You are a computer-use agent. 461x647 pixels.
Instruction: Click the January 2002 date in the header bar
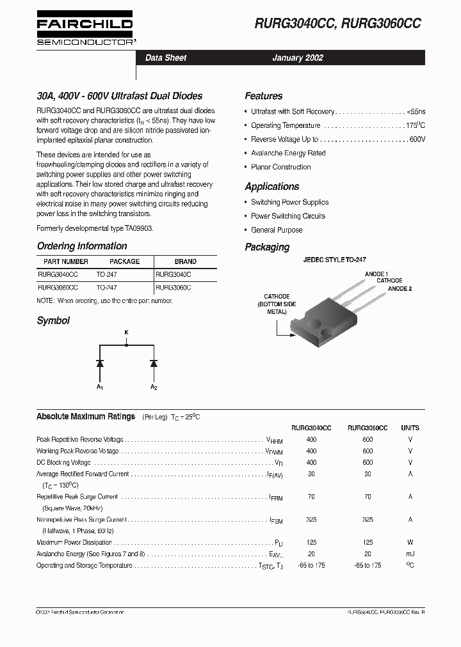pyautogui.click(x=298, y=58)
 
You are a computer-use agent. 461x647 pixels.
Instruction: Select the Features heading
pyautogui.click(x=263, y=96)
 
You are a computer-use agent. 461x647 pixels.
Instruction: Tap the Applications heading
pyautogui.click(x=271, y=187)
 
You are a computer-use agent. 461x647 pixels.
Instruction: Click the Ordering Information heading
pyautogui.click(x=82, y=246)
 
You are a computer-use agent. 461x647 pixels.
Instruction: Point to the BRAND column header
pyautogui.click(x=185, y=261)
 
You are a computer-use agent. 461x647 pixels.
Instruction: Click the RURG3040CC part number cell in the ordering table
pyautogui.click(x=58, y=274)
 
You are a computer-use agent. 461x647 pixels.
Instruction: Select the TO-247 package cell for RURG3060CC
pyautogui.click(x=106, y=288)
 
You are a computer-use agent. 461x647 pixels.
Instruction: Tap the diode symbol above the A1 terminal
pyautogui.click(x=99, y=363)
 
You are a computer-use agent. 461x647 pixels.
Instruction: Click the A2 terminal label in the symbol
pyautogui.click(x=154, y=387)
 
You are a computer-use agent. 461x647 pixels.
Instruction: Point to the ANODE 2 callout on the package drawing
pyautogui.click(x=400, y=289)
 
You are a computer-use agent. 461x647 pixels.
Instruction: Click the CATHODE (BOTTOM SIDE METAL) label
pyautogui.click(x=277, y=304)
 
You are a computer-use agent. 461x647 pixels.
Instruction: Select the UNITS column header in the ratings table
pyautogui.click(x=410, y=428)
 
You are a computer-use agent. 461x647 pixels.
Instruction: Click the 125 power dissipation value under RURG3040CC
pyautogui.click(x=311, y=542)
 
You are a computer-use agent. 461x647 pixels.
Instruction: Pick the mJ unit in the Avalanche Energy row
pyautogui.click(x=410, y=554)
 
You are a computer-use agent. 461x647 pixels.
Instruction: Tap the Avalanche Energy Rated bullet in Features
pyautogui.click(x=288, y=153)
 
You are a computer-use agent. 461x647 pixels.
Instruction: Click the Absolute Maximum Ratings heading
pyautogui.click(x=86, y=416)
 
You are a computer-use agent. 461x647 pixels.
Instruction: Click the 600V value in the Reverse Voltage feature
pyautogui.click(x=417, y=139)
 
